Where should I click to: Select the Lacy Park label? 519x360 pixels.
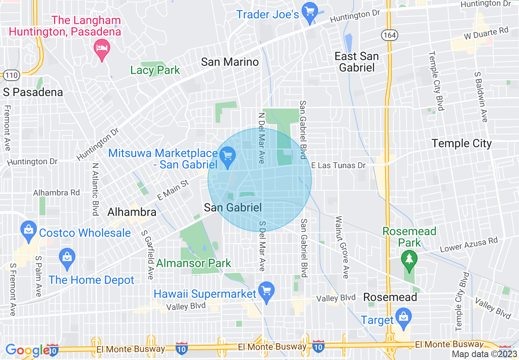click(155, 70)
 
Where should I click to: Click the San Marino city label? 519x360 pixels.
click(230, 62)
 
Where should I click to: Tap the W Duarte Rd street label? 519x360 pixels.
click(485, 34)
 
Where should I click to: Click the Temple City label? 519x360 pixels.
click(462, 143)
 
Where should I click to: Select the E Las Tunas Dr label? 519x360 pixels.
click(338, 165)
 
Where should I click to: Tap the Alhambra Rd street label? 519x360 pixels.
click(56, 192)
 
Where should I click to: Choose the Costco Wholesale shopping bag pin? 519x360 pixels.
click(29, 232)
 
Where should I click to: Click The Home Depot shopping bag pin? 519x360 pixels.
click(66, 258)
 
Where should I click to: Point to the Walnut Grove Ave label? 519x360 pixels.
click(342, 248)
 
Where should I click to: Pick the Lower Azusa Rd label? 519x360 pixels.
click(469, 245)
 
